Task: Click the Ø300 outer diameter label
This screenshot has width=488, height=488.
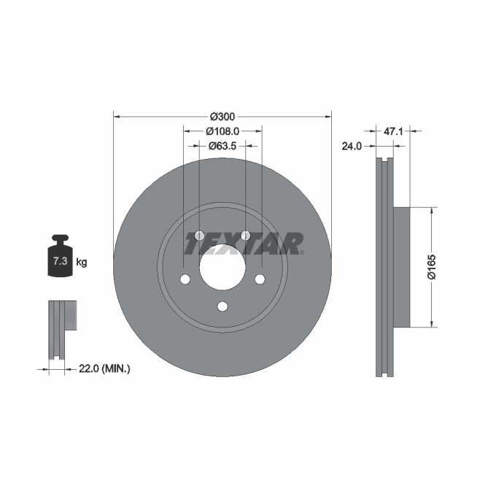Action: coord(222,116)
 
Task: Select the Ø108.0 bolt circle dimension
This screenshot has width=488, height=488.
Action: coord(222,131)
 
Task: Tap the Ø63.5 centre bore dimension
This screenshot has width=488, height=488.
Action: coord(222,146)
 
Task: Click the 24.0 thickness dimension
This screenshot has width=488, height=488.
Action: coord(352,146)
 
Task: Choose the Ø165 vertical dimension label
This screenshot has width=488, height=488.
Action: coord(432,267)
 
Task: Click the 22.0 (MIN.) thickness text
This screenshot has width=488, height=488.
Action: coord(104,370)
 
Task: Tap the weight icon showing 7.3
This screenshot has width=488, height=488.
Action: coord(58,257)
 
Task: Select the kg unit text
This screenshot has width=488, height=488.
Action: coord(82,262)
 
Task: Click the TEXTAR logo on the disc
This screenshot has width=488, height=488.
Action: coord(244,244)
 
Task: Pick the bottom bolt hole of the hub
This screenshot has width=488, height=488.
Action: coord(222,306)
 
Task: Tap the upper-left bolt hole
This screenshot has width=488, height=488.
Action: coord(199,236)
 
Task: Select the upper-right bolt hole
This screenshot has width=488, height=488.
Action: coord(245,236)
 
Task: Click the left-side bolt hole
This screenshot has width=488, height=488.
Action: coord(185,279)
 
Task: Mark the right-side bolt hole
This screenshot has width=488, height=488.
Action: coord(260,279)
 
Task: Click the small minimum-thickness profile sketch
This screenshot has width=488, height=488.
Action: coord(61,328)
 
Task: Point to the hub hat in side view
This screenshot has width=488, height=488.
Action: coord(403,267)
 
